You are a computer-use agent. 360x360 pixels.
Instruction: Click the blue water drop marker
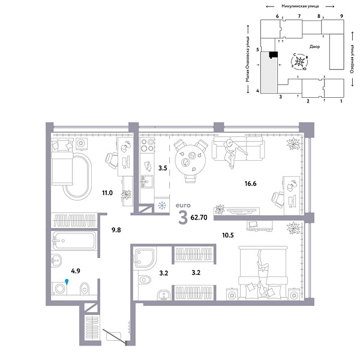pyautogui.click(x=67, y=280)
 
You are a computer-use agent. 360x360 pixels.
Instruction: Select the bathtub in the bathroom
pyautogui.click(x=74, y=241)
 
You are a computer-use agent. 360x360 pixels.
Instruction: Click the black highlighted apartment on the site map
pyautogui.click(x=273, y=55)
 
